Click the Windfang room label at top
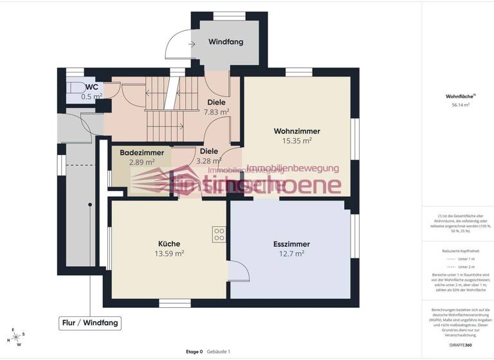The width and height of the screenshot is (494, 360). pyautogui.click(x=226, y=42)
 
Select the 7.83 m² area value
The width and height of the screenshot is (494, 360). pyautogui.click(x=216, y=112)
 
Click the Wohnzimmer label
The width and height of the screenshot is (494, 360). pyautogui.click(x=297, y=131)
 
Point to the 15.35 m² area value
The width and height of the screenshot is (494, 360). pyautogui.click(x=297, y=140)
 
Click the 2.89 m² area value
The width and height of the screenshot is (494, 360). pyautogui.click(x=141, y=162)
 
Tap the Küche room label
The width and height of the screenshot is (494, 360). pyautogui.click(x=169, y=244)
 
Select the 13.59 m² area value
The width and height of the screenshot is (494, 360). pyautogui.click(x=169, y=253)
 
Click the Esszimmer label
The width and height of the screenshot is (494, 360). pyautogui.click(x=291, y=244)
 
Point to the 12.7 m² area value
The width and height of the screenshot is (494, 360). pyautogui.click(x=291, y=253)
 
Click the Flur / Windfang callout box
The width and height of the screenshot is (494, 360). pyautogui.click(x=89, y=323)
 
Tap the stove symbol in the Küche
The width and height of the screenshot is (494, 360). pyautogui.click(x=219, y=234)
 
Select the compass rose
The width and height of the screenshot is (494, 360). pyautogui.click(x=16, y=336)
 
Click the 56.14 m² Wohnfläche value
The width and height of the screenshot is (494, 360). pyautogui.click(x=460, y=104)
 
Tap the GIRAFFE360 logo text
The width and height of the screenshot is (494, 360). pyautogui.click(x=460, y=346)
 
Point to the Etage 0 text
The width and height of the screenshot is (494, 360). pyautogui.click(x=194, y=352)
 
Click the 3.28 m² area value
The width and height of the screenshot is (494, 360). pyautogui.click(x=209, y=161)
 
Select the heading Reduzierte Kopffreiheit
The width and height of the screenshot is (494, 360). pyautogui.click(x=460, y=251)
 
